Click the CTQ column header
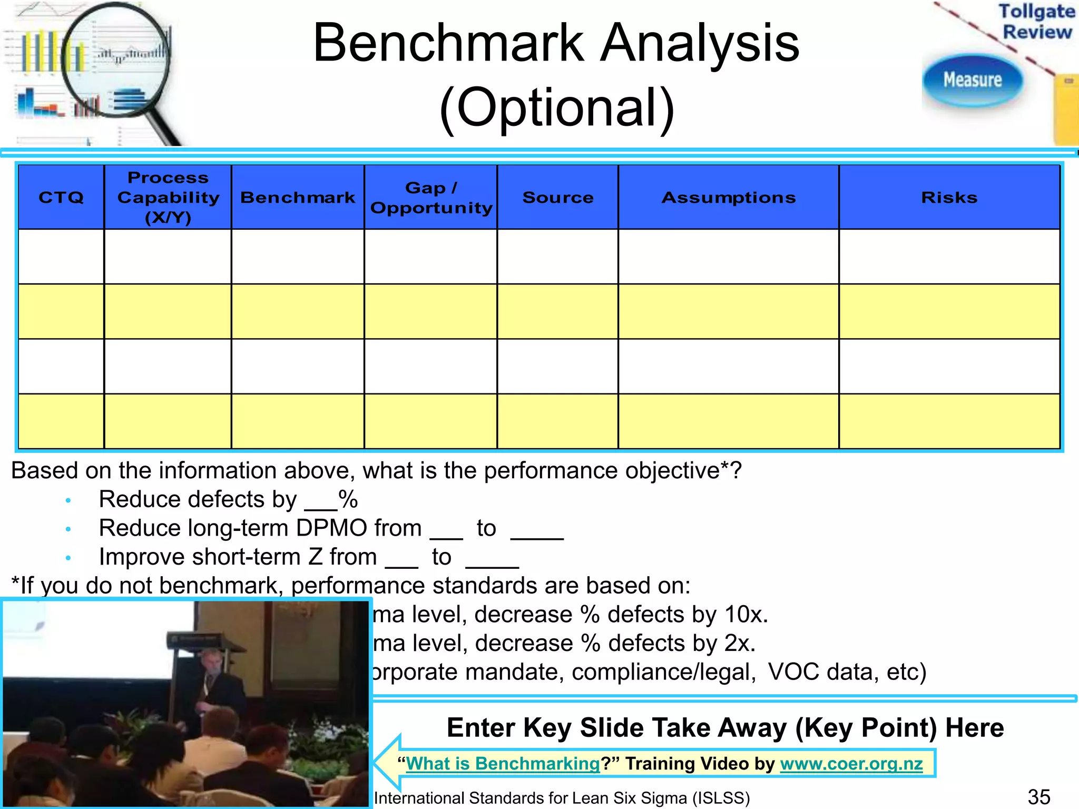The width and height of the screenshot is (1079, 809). [61, 198]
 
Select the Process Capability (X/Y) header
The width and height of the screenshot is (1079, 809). [168, 198]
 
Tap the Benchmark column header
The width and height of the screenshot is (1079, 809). [298, 198]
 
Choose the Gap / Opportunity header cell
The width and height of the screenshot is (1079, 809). [431, 198]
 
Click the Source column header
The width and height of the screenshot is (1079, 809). [558, 198]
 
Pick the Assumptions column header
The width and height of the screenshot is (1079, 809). [729, 198]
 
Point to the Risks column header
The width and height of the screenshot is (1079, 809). [949, 198]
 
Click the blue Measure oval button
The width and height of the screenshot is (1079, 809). [973, 80]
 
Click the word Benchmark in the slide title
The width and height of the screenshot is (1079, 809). [448, 43]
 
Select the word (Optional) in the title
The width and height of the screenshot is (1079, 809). [557, 108]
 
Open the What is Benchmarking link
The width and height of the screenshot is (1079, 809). [503, 763]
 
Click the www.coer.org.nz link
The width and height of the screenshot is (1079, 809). [851, 763]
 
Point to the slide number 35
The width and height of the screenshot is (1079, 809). [1038, 797]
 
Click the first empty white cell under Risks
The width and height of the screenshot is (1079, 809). [949, 256]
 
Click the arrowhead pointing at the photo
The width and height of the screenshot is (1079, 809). [388, 763]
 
